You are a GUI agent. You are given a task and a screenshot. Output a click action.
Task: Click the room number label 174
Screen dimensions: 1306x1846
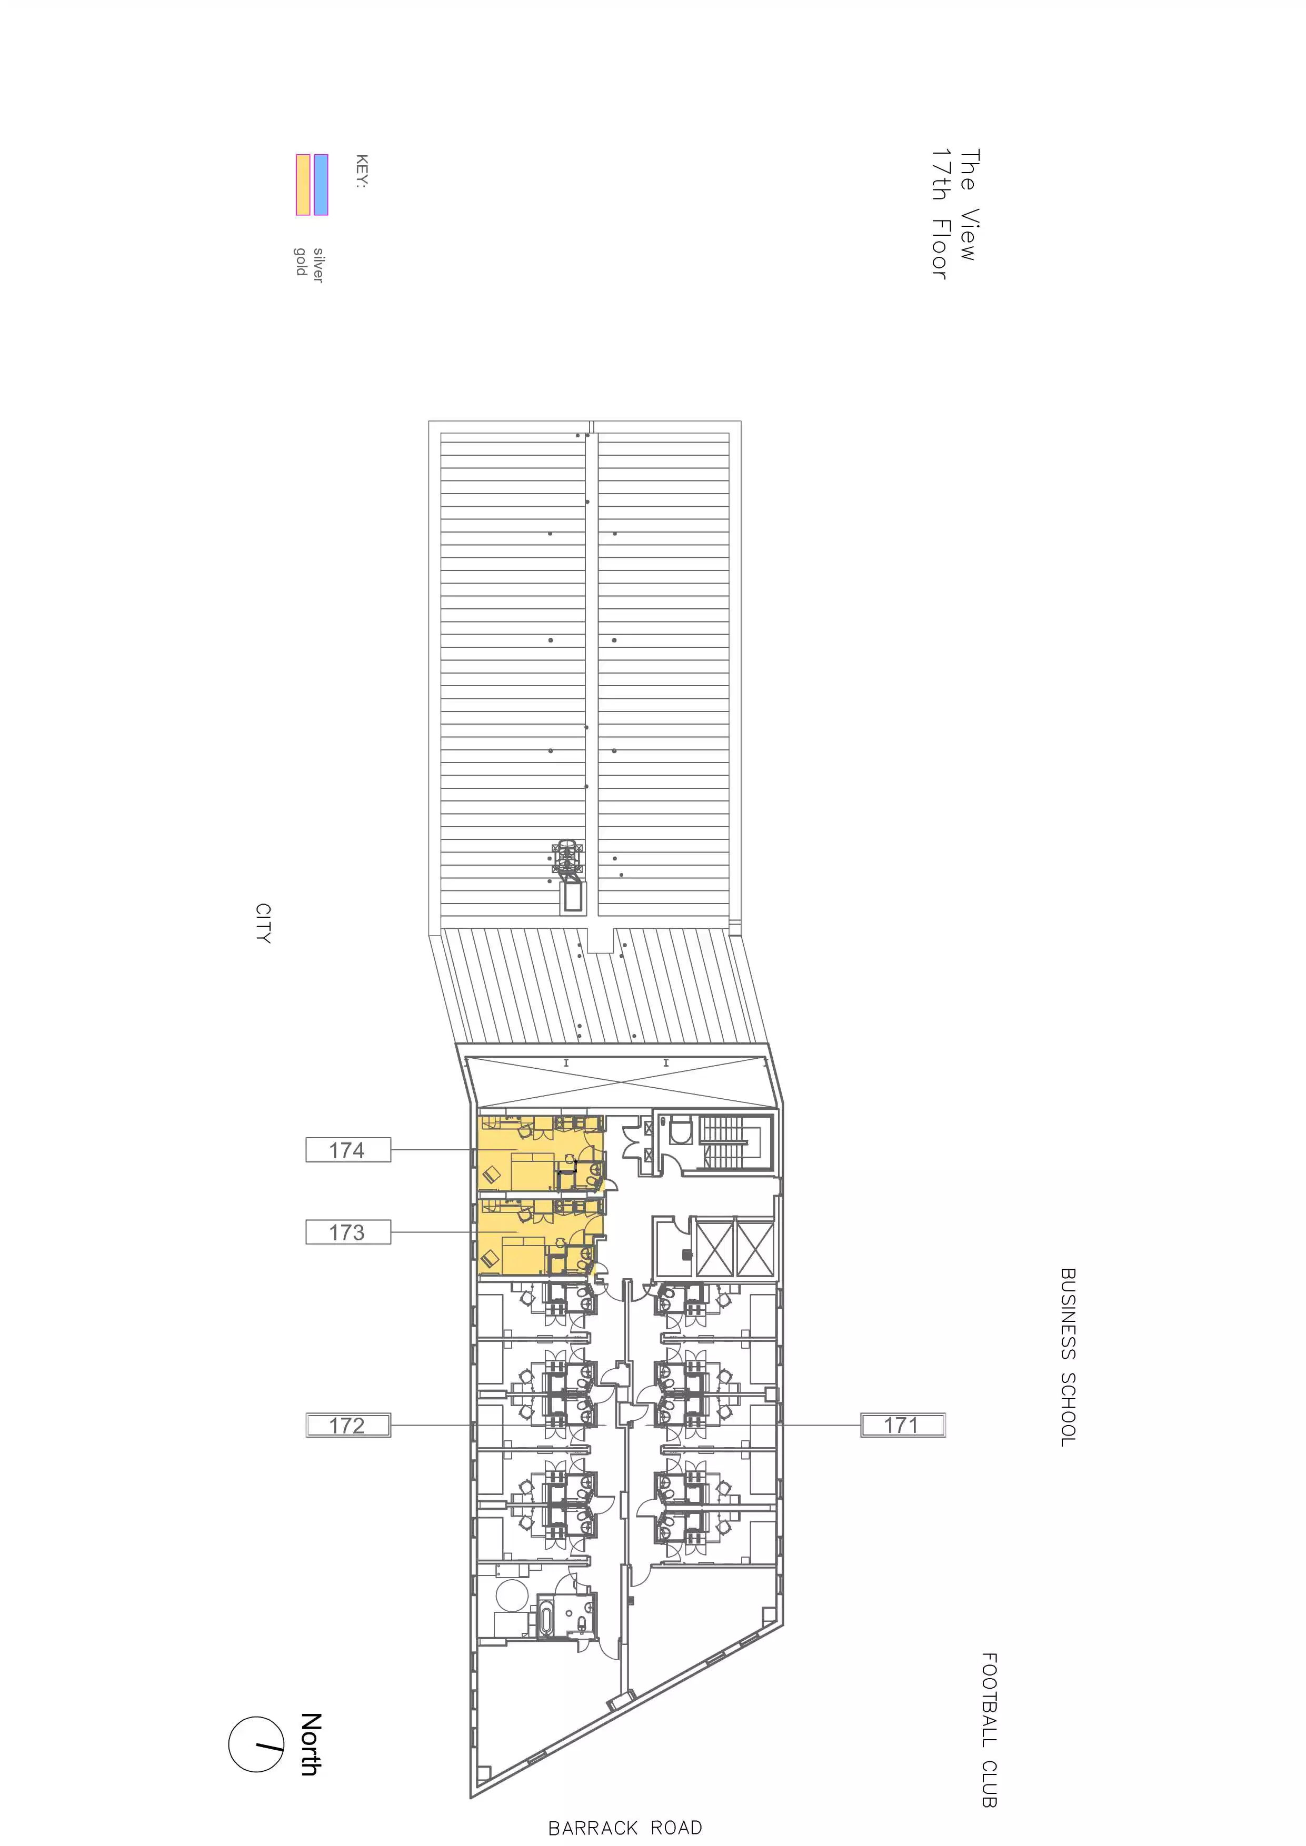click(x=347, y=1150)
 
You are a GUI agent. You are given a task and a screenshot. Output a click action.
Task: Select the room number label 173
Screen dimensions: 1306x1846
click(x=347, y=1232)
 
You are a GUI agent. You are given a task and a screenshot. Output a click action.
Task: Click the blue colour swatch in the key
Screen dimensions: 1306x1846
click(x=321, y=185)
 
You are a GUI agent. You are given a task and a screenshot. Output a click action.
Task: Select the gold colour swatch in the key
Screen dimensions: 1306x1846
click(x=303, y=185)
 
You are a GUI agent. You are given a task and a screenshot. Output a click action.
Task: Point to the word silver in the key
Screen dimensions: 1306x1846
click(x=318, y=265)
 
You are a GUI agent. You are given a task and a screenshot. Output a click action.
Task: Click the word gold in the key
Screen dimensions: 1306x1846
click(x=301, y=262)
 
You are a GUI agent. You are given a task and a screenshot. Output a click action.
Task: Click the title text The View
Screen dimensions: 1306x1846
click(x=969, y=205)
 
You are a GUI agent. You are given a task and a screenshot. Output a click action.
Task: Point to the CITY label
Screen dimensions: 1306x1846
click(x=263, y=923)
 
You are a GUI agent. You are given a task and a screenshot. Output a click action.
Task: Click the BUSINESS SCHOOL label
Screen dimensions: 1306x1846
click(x=1068, y=1357)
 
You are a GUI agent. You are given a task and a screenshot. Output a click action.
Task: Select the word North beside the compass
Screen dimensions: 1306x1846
click(x=311, y=1744)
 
